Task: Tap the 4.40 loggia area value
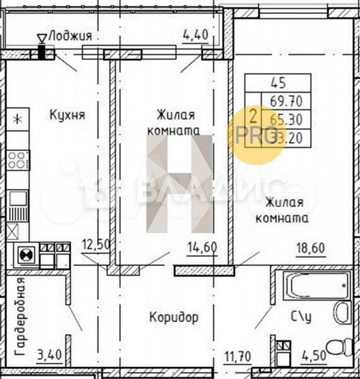point(194,34)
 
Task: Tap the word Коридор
point(173,317)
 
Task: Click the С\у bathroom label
point(301,317)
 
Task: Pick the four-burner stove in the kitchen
point(19,160)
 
